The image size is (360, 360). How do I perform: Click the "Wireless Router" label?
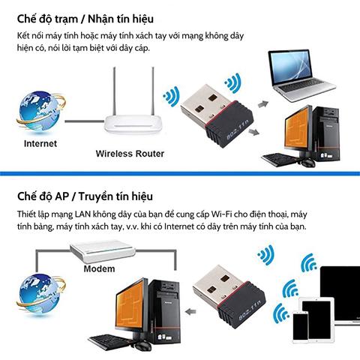(130, 154)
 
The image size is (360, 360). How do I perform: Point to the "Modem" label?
(98, 268)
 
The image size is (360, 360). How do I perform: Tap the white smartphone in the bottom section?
(299, 327)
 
